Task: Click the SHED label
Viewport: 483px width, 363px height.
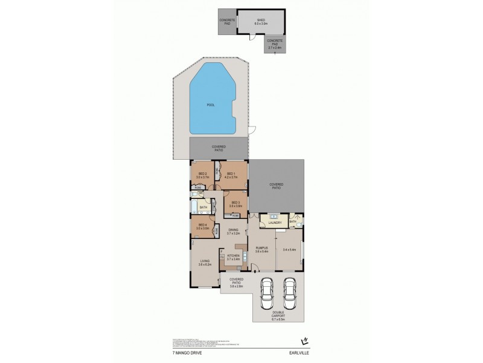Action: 261,21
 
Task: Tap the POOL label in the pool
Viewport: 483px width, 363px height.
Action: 210,104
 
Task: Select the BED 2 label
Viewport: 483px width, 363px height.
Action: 202,175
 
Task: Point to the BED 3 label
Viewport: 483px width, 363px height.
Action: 235,204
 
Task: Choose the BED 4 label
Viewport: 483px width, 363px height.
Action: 202,226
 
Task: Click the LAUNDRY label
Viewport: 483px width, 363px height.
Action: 275,223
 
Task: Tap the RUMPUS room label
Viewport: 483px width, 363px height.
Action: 261,248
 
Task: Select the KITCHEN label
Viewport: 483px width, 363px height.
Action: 234,257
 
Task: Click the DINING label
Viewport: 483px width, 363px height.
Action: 233,230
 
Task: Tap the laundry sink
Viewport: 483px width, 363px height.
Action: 273,216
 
